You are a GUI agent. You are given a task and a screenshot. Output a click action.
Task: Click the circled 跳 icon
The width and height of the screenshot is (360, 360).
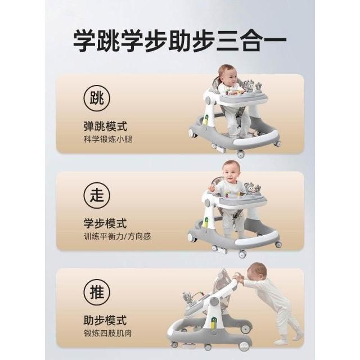point(97,98)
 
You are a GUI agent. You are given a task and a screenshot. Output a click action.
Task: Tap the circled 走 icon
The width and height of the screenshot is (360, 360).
point(97,195)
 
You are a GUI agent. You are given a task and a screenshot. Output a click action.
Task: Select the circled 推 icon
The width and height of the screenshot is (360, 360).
point(97,292)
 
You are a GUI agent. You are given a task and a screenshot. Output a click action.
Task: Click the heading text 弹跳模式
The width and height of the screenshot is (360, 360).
point(105,127)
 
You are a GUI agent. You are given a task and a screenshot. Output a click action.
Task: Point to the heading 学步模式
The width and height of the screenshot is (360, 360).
point(105,223)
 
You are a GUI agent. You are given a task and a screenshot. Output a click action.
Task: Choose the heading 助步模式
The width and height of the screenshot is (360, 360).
point(105,320)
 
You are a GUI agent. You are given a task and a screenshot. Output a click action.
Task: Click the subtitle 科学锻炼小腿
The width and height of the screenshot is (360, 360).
point(108,139)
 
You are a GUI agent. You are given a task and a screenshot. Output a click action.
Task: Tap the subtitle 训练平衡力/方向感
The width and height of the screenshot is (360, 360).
point(118,236)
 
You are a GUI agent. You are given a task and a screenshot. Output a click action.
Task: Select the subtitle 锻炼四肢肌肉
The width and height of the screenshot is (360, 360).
point(108,333)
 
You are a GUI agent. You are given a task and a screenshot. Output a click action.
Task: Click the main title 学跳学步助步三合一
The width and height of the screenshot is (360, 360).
point(180,41)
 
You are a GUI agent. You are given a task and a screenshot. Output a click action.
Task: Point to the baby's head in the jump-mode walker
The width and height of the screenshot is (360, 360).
point(227,75)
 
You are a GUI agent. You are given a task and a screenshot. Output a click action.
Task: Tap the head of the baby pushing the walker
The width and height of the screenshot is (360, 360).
point(257,274)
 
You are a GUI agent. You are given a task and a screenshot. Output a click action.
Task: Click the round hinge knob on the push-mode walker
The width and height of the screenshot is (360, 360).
point(214,301)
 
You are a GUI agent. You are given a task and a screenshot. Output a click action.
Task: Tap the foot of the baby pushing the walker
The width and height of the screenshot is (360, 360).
point(281,341)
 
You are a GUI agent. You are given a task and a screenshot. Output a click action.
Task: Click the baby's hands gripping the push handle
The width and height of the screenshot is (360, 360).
point(237,276)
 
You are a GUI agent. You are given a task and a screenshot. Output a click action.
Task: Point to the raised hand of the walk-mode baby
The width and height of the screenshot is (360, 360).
point(211,188)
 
